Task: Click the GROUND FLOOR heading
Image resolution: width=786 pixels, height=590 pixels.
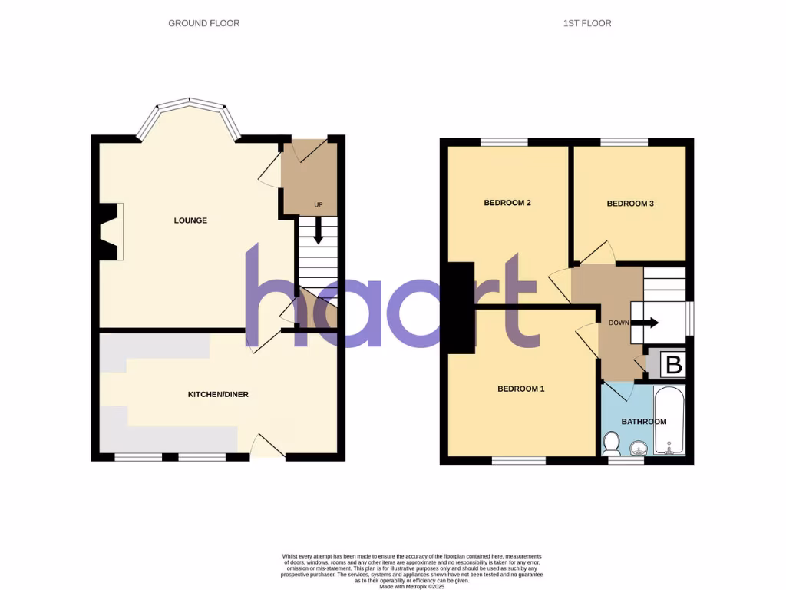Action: pos(204,23)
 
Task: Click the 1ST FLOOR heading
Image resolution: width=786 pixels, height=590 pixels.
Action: pos(587,23)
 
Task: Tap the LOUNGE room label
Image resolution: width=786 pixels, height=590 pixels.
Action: pos(190,220)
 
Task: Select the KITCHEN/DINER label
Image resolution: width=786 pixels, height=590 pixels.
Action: pos(218,395)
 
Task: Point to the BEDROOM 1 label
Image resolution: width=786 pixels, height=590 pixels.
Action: pos(520,389)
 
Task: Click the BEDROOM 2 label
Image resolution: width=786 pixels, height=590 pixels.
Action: pos(507,203)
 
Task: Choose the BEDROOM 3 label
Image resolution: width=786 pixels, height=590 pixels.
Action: pos(630,204)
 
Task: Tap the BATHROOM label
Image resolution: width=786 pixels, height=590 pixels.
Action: pos(643,422)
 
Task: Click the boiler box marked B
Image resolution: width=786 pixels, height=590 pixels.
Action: pos(673,365)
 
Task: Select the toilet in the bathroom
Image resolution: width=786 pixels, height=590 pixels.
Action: pos(612,443)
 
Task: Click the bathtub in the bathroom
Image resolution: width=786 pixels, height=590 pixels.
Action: pos(669,421)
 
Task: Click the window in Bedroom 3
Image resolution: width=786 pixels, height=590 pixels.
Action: pos(623,142)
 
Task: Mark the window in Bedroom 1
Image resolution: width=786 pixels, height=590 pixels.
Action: pos(518,461)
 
